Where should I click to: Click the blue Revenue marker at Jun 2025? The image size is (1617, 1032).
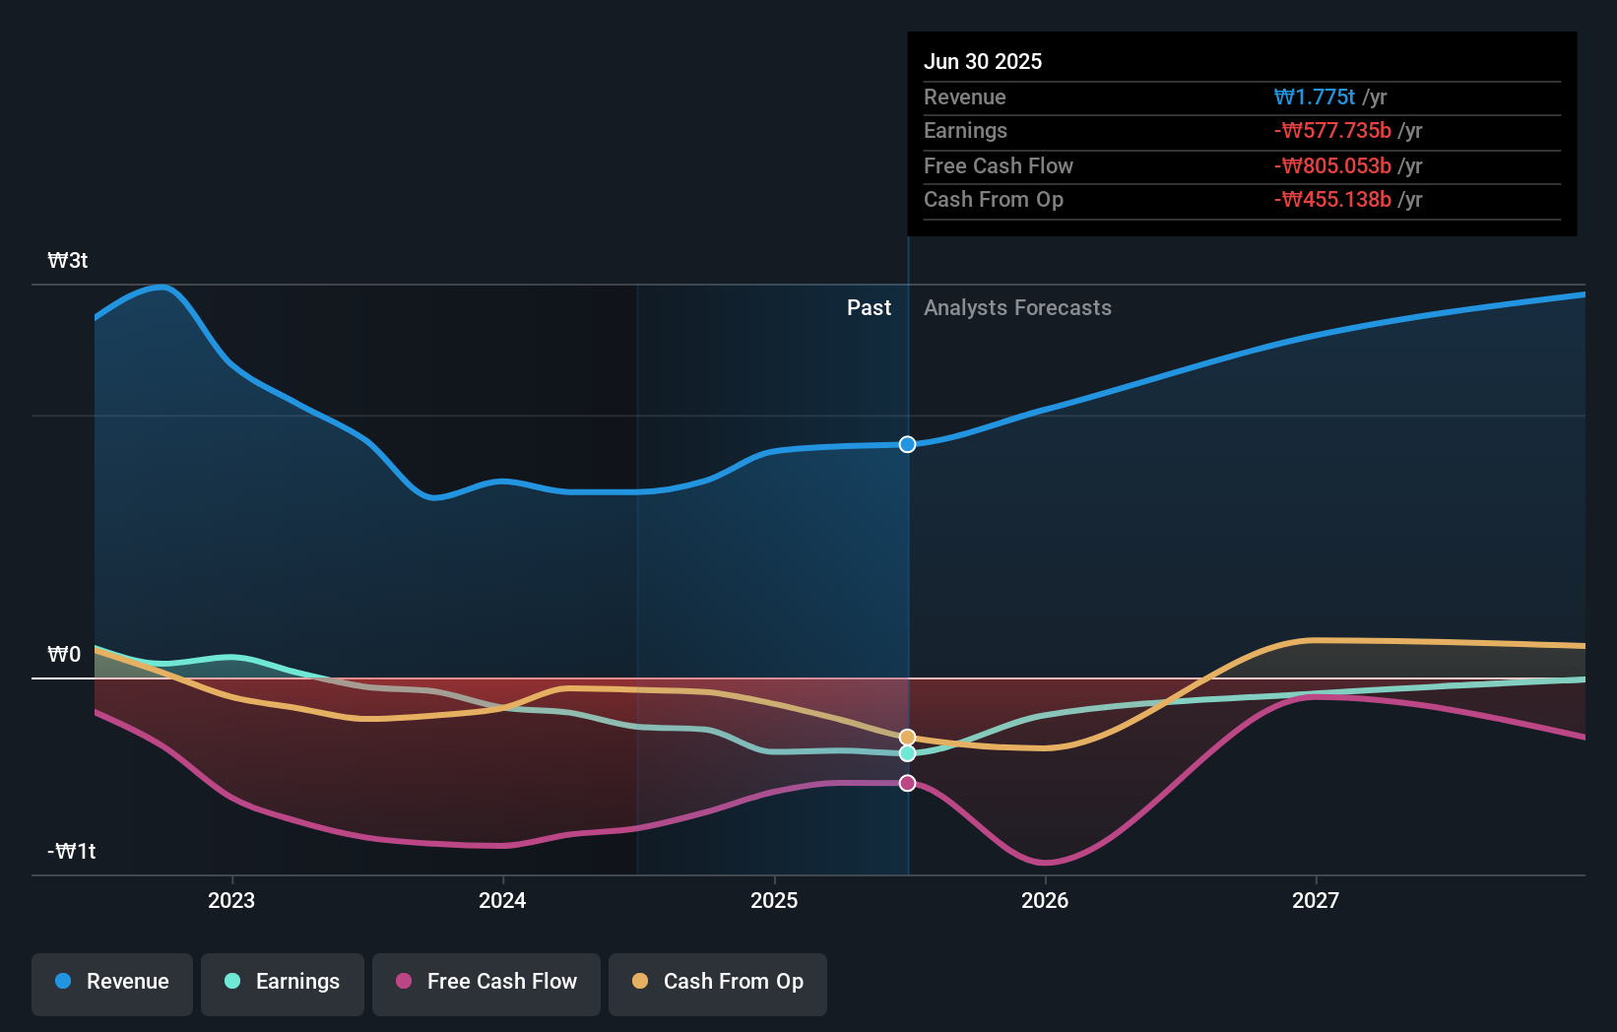tap(907, 444)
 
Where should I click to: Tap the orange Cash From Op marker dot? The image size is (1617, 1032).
tap(907, 738)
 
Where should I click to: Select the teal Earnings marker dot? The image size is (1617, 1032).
tap(907, 753)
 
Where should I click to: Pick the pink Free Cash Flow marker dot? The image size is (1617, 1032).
tap(907, 783)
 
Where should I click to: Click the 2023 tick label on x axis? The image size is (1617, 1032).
tap(231, 900)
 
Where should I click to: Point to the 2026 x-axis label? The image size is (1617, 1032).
tap(1045, 900)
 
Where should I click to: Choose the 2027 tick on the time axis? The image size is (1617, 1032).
tap(1316, 900)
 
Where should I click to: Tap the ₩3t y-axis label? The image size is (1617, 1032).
tap(68, 260)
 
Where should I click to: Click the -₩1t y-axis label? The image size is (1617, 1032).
tap(72, 851)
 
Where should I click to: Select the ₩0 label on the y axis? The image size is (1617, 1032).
tap(64, 654)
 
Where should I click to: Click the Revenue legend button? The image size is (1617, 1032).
tap(112, 982)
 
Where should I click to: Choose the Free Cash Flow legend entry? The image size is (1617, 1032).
tap(486, 982)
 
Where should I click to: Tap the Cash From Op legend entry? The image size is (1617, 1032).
tap(718, 982)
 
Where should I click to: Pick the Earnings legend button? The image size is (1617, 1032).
tap(283, 982)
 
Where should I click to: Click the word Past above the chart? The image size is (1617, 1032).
tap(869, 307)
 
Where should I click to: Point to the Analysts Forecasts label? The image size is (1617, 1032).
tap(1017, 307)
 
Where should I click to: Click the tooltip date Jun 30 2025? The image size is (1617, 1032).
tap(983, 61)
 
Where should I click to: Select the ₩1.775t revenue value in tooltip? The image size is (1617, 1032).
tap(1315, 97)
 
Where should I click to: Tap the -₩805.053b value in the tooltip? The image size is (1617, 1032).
tap(1332, 165)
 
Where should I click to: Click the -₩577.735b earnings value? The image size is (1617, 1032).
tap(1332, 130)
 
